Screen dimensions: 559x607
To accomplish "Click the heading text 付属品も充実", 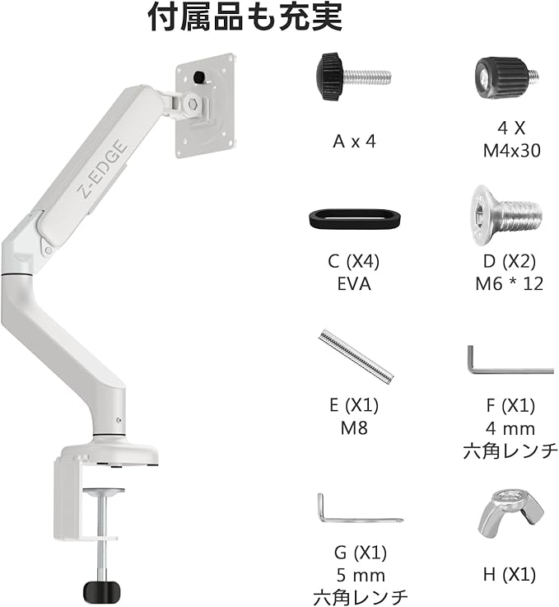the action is [x=245, y=17].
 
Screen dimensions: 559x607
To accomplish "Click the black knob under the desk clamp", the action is [x=102, y=591].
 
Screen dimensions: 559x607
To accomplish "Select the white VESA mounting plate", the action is [x=204, y=105].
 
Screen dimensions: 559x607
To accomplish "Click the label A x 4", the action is [x=354, y=141].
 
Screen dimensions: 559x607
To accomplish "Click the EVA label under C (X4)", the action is [x=353, y=284].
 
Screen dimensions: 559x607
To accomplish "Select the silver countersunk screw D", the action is [x=505, y=212].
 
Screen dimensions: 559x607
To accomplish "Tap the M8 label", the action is [x=353, y=427].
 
